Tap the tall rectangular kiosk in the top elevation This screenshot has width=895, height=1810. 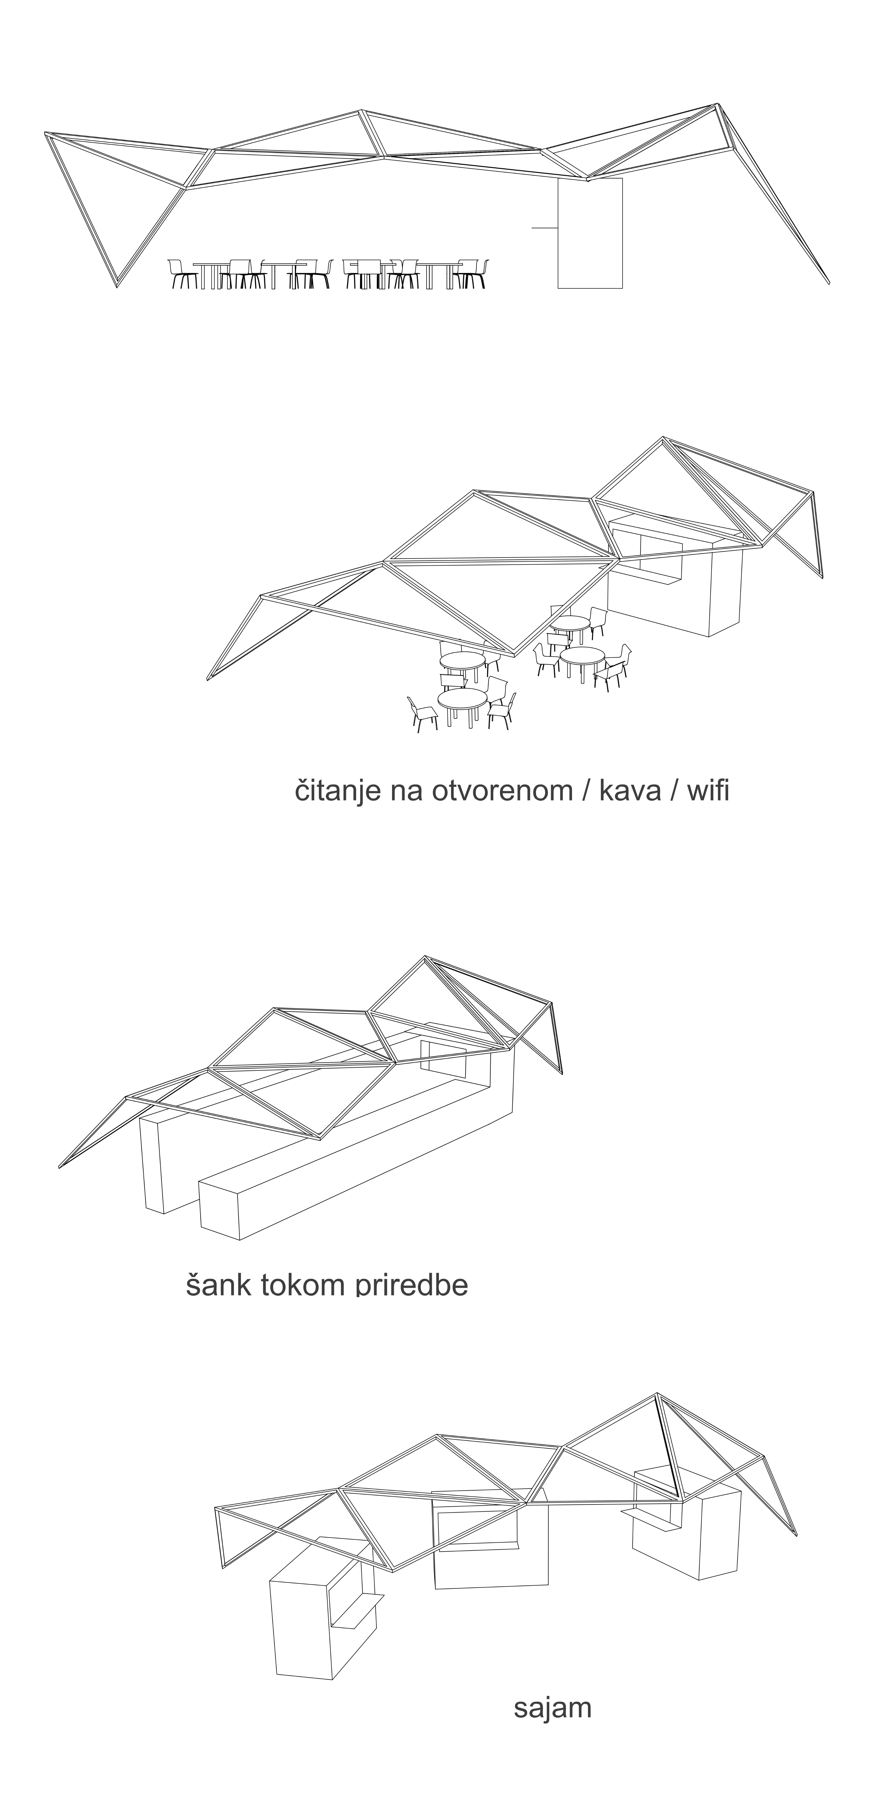590,233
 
